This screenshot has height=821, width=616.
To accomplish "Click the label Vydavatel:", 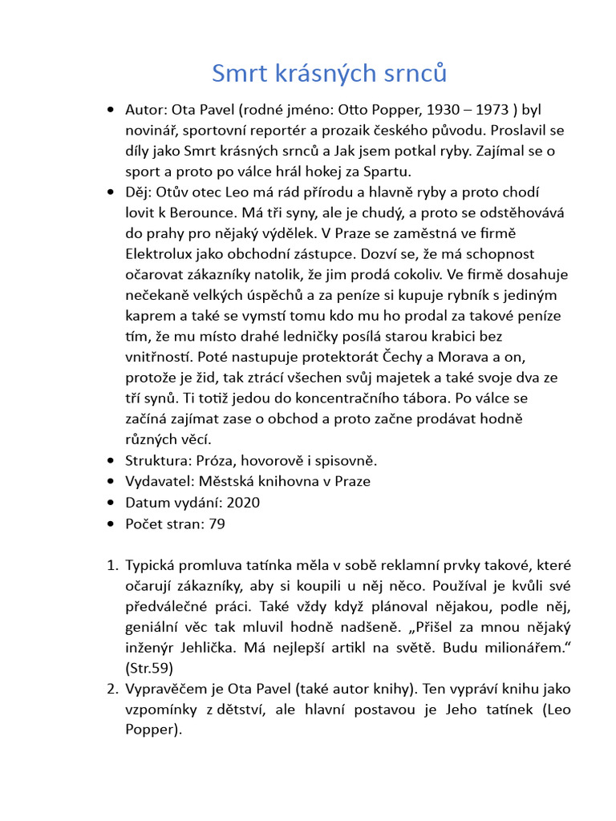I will (159, 481).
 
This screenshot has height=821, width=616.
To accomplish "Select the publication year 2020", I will (244, 502).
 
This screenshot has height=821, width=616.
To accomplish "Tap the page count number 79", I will (217, 523).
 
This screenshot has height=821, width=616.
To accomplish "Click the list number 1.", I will (111, 564).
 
